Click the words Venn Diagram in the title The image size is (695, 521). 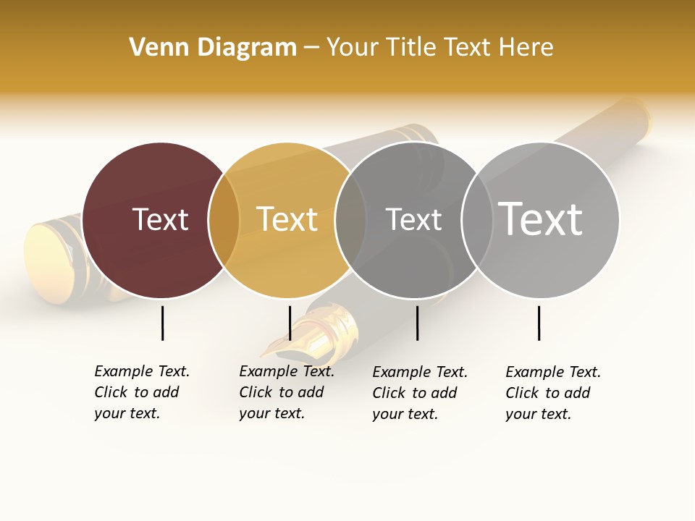tap(213, 48)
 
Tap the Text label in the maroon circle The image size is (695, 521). tap(160, 219)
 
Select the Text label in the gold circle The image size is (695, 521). tap(287, 219)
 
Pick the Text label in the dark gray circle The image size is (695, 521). tap(413, 219)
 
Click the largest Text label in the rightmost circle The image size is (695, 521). tap(541, 219)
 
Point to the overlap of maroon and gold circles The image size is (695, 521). tap(224, 220)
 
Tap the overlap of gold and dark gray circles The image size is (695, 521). tap(350, 220)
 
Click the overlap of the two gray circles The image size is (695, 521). tap(477, 220)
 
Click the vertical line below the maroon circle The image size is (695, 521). tap(162, 323)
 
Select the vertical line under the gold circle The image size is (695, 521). tap(290, 323)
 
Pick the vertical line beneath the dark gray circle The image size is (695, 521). tap(417, 323)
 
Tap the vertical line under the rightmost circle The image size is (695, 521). tap(539, 323)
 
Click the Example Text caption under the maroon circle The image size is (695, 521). tap(142, 392)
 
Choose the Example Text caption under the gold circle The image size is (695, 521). tap(287, 392)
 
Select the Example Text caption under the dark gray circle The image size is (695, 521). tap(420, 393)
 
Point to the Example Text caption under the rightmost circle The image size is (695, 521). tap(553, 393)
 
